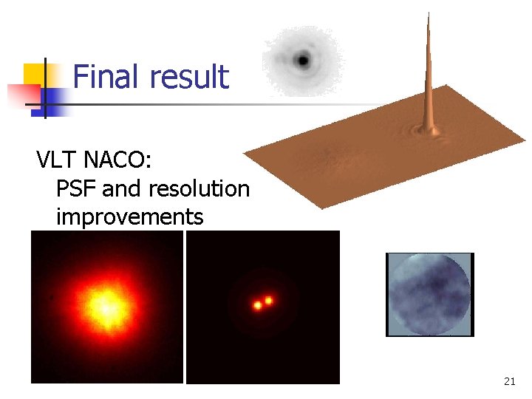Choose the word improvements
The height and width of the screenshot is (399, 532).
(x=129, y=218)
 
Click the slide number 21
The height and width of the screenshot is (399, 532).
(x=509, y=381)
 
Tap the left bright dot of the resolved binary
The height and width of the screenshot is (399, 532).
(x=258, y=304)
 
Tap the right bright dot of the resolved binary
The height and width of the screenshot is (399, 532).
(x=268, y=300)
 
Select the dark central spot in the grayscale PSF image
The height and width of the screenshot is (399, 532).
(x=303, y=59)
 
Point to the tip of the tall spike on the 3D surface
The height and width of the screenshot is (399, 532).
(x=428, y=14)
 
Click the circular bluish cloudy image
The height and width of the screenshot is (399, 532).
(x=429, y=294)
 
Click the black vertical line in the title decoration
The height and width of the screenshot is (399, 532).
(x=45, y=87)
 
